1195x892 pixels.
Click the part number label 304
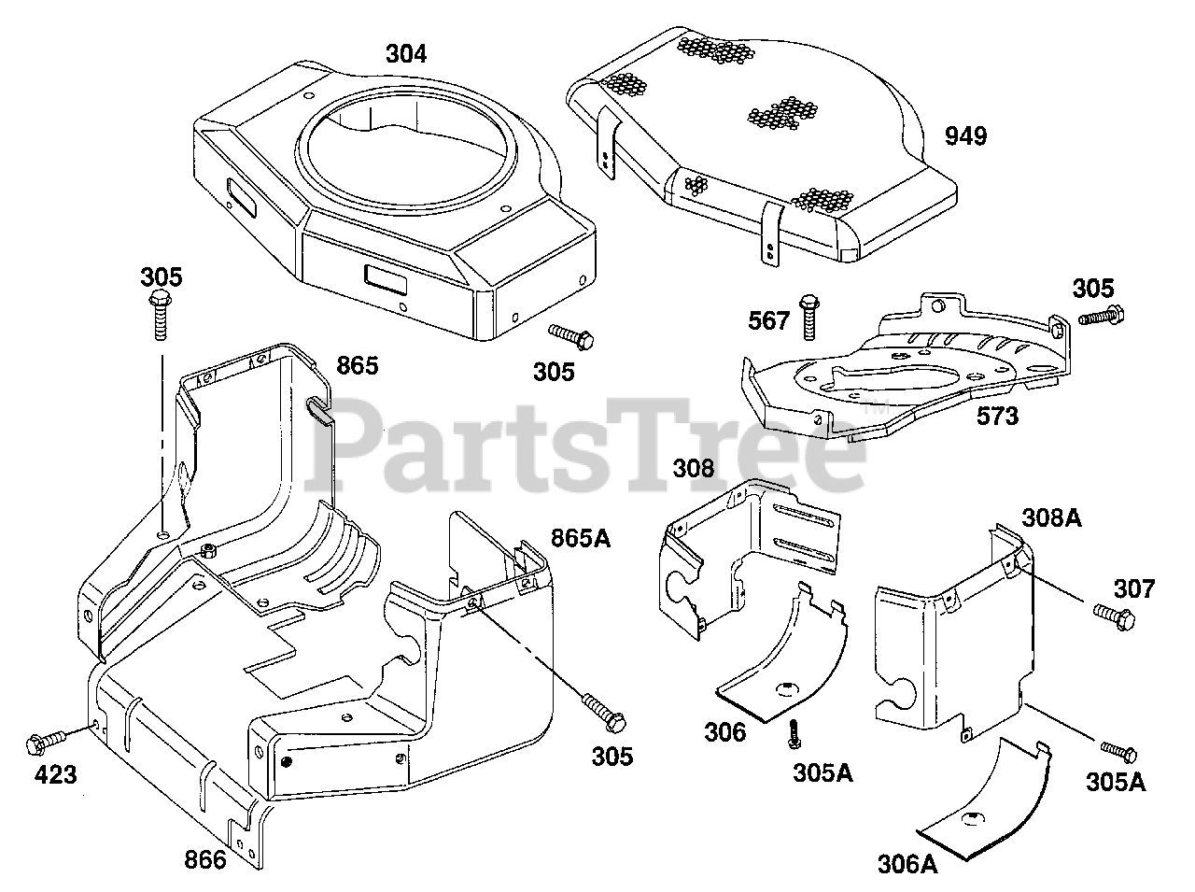(406, 54)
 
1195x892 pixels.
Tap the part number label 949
(965, 136)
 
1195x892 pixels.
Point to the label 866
(204, 858)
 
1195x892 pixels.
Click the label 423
(56, 773)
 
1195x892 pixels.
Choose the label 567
(769, 320)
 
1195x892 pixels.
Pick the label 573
(997, 416)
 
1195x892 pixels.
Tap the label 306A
(907, 864)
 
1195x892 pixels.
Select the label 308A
(1051, 517)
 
